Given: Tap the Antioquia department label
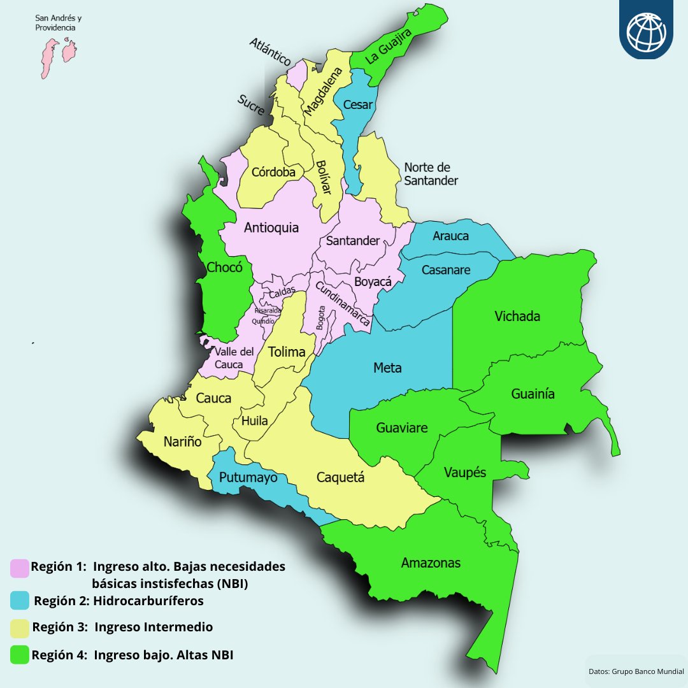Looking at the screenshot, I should [x=271, y=227].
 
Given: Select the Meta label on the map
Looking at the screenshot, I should [x=387, y=368].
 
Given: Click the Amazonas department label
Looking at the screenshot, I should [x=431, y=563].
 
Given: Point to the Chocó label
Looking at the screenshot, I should [x=224, y=268].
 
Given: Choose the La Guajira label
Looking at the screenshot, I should [x=389, y=46].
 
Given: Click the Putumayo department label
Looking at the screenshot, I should [x=248, y=477].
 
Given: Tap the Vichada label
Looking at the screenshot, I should [x=517, y=317].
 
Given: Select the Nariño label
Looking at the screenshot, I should [x=182, y=441].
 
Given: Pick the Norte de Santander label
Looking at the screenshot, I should [x=431, y=174].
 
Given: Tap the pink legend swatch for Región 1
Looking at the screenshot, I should [x=20, y=568].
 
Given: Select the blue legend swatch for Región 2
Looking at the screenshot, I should [x=20, y=600].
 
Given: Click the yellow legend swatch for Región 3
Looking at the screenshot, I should [x=20, y=628].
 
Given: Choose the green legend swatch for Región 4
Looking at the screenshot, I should [x=20, y=655].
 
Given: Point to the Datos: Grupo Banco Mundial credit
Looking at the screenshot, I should [x=636, y=671].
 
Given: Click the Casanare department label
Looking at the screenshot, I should [x=446, y=269].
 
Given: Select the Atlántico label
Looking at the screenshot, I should [x=270, y=52].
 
